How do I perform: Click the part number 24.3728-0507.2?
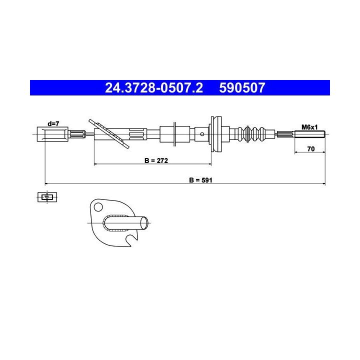[x=154, y=87]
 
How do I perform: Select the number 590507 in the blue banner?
[x=242, y=87]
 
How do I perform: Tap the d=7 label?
[x=53, y=123]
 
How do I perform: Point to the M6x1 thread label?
[x=309, y=127]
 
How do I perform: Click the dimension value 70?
[x=310, y=149]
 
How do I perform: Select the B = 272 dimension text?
[x=156, y=160]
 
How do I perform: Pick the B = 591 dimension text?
[x=200, y=180]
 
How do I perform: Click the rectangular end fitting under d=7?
[x=52, y=134]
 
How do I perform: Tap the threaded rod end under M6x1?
[x=309, y=134]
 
